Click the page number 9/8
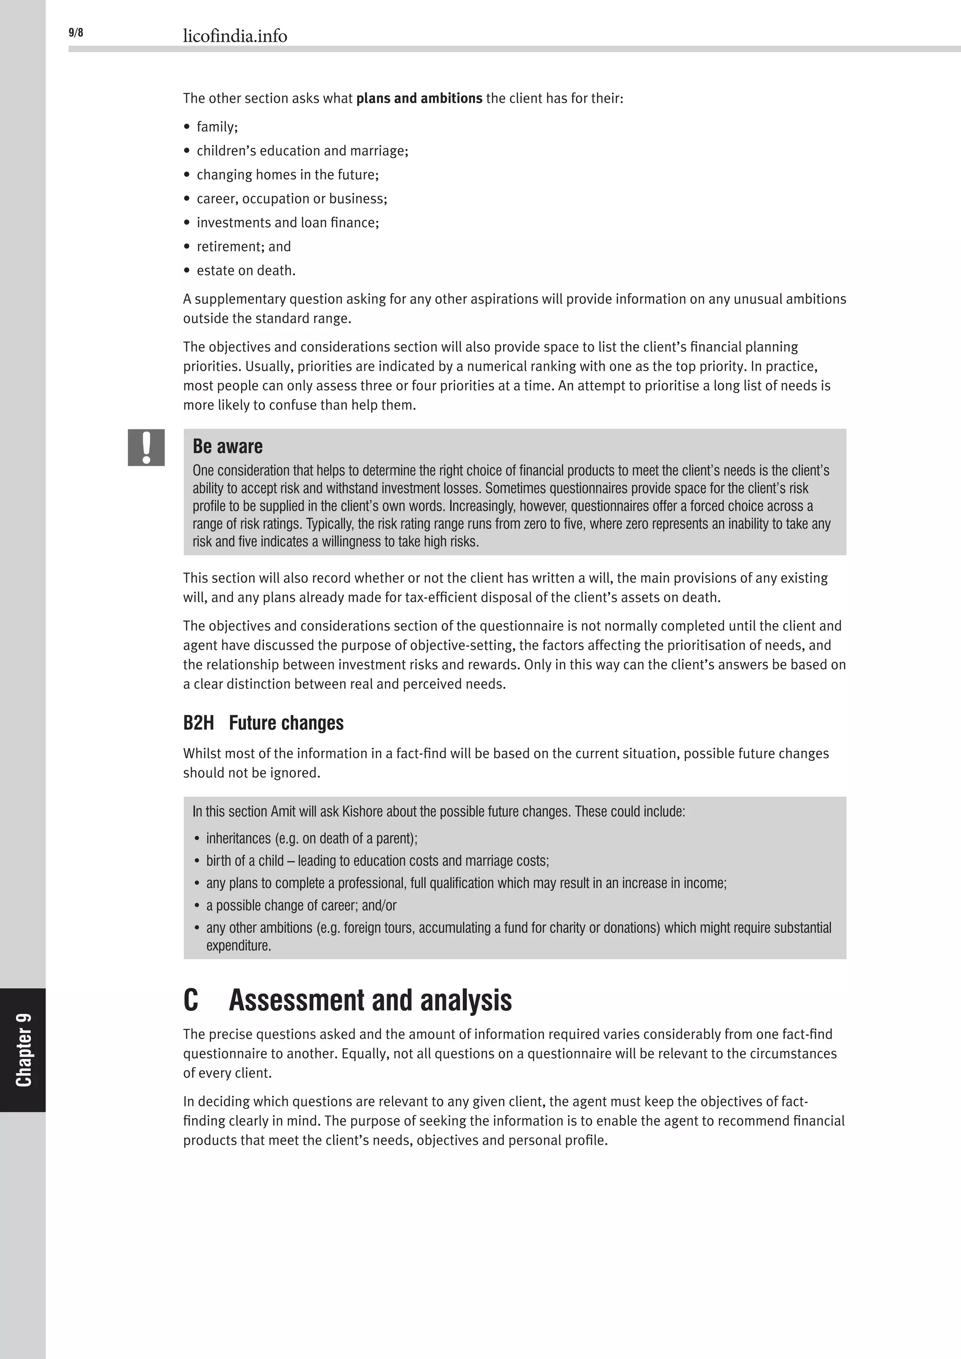[76, 32]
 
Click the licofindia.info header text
[235, 36]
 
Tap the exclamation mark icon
[146, 448]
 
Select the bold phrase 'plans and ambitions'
[419, 98]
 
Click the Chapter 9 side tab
[23, 1049]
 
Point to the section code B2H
[198, 723]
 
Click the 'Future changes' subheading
[286, 723]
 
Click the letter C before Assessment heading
[191, 1000]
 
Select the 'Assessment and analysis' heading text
[370, 1000]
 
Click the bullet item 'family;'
[217, 127]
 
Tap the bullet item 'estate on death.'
[245, 270]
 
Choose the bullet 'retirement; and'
[243, 246]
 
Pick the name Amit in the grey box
[283, 811]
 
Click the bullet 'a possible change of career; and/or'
[301, 905]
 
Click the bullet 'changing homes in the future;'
[287, 175]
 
